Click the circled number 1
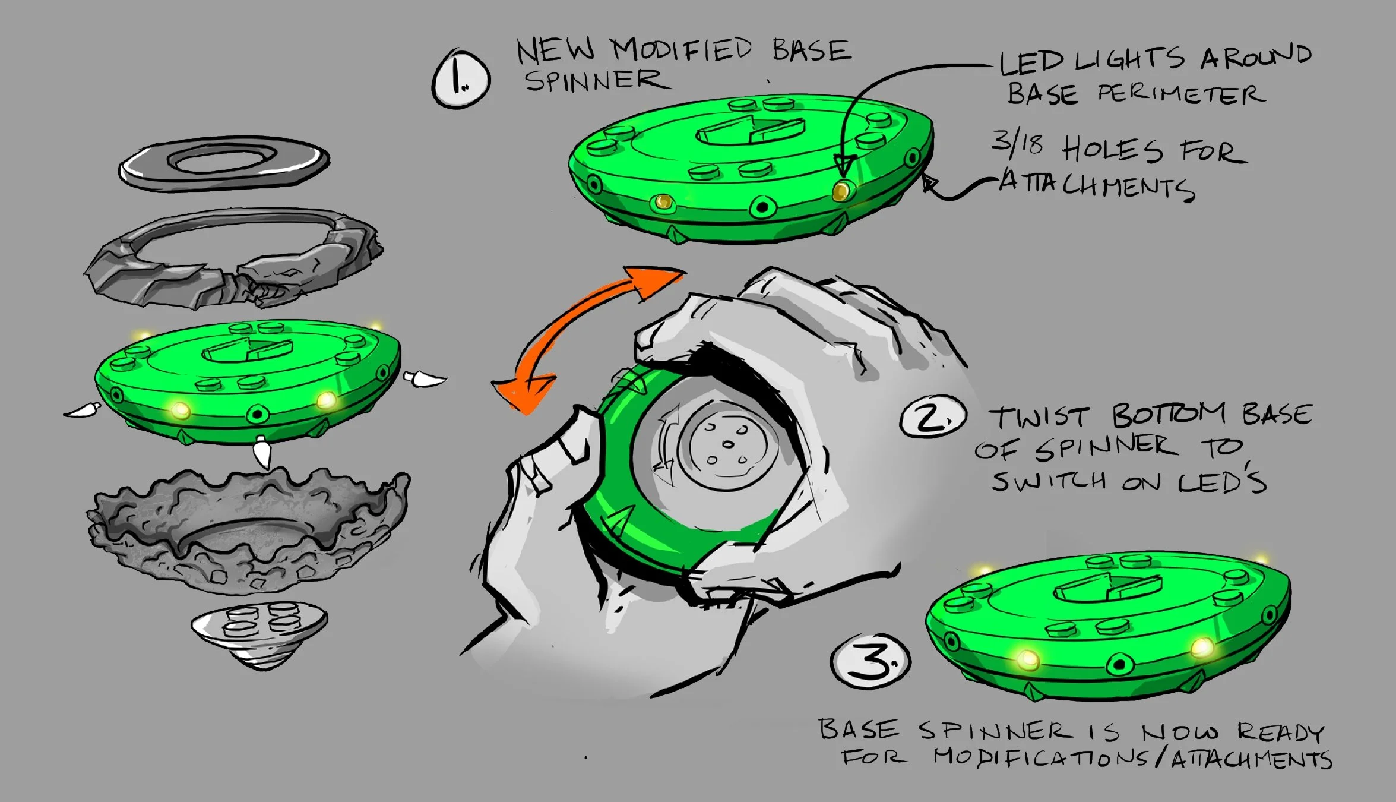tap(461, 79)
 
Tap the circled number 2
tap(932, 417)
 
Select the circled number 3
tap(870, 661)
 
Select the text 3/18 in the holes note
tap(1017, 143)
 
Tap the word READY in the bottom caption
tap(1280, 732)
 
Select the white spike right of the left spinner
tap(424, 378)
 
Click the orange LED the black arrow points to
tap(841, 191)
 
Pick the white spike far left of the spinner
tap(83, 410)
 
